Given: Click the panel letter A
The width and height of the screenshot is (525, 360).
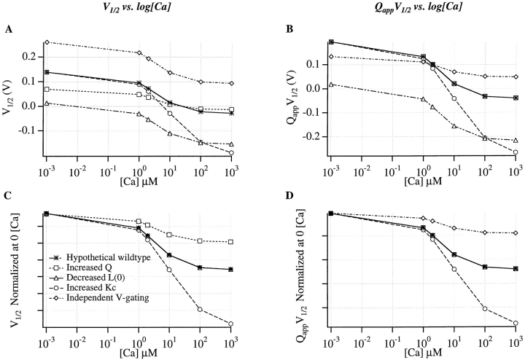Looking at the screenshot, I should click(8, 30).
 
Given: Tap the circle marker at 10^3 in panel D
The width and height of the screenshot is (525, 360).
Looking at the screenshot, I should click(516, 323).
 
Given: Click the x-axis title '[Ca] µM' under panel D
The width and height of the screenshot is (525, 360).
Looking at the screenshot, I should click(423, 352).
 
